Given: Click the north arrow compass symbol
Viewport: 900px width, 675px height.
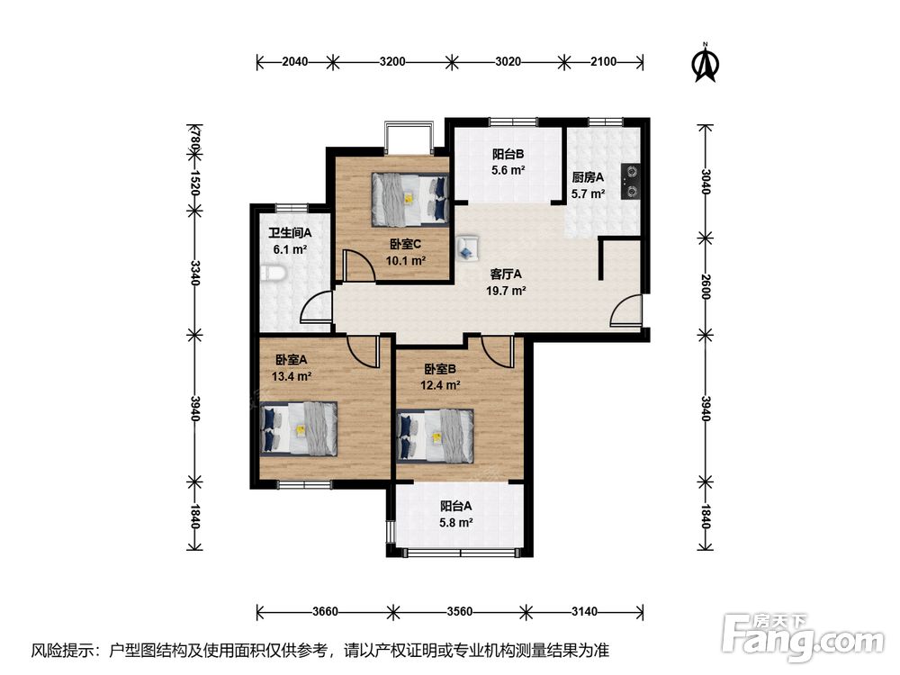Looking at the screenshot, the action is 706,63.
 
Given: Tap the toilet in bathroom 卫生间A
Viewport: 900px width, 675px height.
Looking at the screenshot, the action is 272,274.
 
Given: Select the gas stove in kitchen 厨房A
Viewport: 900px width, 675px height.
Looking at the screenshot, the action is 631,182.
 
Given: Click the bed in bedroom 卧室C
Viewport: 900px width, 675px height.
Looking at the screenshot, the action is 409,199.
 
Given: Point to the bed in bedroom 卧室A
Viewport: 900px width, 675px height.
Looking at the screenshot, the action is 298,428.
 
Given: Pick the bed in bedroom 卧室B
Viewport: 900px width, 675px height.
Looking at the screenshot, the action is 435,436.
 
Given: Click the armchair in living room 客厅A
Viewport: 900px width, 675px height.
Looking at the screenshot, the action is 468,248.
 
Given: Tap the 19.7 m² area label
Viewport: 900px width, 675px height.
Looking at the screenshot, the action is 506,291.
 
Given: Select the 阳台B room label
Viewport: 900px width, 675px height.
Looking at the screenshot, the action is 508,154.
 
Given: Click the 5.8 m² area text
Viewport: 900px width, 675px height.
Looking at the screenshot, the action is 456,523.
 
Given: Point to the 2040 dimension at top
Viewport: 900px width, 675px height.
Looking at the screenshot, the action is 294,61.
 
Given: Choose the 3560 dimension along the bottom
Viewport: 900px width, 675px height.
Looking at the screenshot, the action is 460,611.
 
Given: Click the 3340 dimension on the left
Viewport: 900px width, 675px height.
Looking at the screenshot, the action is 195,273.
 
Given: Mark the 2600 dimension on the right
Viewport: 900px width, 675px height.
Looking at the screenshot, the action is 706,285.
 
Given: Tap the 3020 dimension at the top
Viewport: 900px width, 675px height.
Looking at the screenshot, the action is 508,61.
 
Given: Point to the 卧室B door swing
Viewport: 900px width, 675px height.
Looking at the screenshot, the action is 498,351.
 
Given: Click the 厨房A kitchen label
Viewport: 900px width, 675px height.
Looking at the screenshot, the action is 588,177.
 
